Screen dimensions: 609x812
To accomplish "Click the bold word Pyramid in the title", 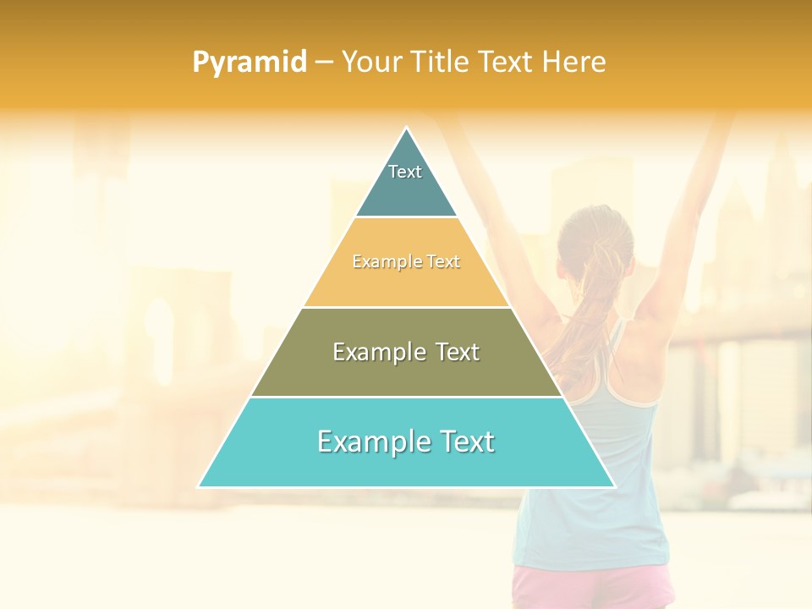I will pos(250,63).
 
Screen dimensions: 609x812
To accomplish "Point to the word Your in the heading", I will pos(371,63).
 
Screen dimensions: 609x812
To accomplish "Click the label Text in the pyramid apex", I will pos(405,172).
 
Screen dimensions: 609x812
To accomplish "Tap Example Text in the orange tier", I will pos(406,262).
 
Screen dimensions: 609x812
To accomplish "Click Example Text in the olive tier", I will pos(406,352).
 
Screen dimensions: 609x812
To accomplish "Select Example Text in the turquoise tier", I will pos(406,442).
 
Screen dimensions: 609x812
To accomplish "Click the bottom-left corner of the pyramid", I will pos(200,486).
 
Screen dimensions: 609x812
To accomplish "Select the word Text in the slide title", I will pos(507,63).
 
